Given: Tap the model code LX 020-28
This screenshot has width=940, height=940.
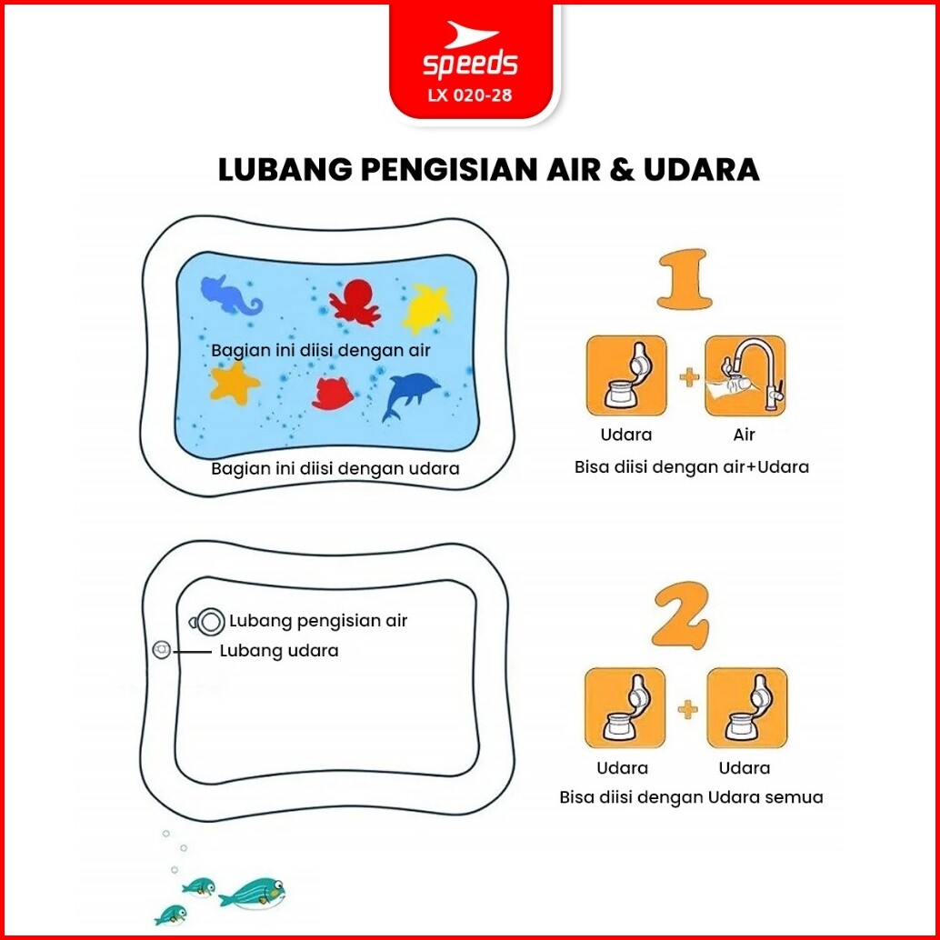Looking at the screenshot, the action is [470, 95].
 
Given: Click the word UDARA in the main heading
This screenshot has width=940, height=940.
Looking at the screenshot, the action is [702, 170].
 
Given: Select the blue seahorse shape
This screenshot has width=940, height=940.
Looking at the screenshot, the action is [232, 295].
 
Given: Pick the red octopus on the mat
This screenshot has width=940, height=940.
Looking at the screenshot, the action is [355, 303].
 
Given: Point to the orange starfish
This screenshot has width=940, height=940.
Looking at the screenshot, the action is [235, 383].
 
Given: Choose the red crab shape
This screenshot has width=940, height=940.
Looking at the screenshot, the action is [333, 394].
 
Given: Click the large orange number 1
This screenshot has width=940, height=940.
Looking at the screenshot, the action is [685, 279].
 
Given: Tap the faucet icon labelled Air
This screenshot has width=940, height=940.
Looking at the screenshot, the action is [745, 375].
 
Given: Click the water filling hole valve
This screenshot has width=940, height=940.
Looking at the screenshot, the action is [209, 622].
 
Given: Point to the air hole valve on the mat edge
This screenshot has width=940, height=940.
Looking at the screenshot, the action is [161, 649].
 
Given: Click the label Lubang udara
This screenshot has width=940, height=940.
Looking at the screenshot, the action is [279, 650].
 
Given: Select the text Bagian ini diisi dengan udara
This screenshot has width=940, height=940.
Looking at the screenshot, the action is [335, 468].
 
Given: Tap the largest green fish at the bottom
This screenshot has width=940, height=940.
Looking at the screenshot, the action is [253, 894].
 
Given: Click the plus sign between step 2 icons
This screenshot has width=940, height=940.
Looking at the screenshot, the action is [687, 710].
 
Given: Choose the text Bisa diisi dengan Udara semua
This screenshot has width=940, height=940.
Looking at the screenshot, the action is [691, 796].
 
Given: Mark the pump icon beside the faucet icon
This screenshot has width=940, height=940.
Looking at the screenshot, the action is [626, 375].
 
